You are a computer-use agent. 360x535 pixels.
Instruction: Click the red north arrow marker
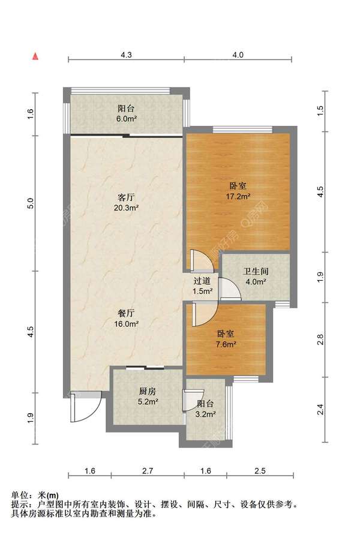35,56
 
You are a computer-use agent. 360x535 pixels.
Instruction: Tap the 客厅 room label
126,197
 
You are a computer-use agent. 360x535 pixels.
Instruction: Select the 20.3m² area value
126,208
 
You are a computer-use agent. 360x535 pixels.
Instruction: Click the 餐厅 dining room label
126,313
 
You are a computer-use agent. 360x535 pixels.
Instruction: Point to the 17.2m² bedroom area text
238,196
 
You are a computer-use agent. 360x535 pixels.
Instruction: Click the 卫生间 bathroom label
256,272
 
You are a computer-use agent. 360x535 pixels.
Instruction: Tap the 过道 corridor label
202,281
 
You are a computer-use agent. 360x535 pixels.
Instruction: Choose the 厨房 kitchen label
148,392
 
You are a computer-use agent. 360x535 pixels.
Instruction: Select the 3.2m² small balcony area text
205,414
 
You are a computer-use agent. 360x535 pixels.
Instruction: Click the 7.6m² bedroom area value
226,344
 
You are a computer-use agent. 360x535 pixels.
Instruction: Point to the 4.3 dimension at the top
126,55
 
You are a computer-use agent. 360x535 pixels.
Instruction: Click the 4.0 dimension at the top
238,55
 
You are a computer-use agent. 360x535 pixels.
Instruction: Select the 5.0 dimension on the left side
31,203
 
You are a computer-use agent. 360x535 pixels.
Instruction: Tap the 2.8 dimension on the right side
320,340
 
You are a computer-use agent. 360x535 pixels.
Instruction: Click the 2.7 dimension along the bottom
148,471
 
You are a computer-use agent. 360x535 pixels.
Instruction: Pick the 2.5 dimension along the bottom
260,471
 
